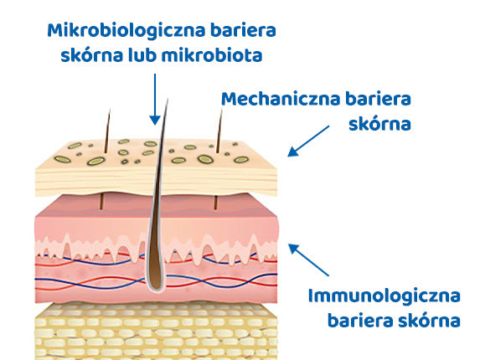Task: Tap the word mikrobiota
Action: coord(212,55)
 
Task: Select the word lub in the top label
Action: coord(142,55)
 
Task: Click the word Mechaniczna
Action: coord(281,99)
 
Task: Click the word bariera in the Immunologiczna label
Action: coord(359,321)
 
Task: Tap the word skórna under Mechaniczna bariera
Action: coord(379,124)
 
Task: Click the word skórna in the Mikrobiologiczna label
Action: coord(92,55)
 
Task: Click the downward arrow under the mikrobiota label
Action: coord(155,100)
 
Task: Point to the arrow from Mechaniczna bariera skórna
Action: coord(308,141)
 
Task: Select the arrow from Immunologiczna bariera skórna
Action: coord(308,260)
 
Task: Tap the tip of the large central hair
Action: coord(168,99)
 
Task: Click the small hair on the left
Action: coord(107,131)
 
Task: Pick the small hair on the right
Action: coord(219,131)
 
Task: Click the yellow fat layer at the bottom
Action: coord(156,332)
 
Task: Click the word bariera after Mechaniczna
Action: coord(378,99)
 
